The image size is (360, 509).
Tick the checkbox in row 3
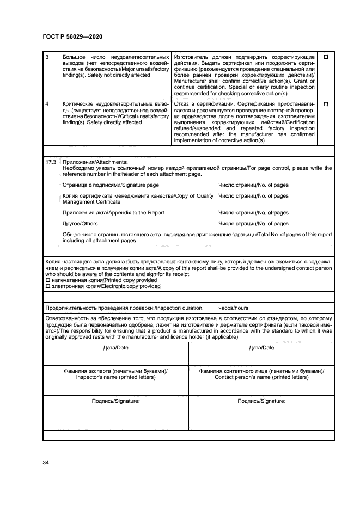326,57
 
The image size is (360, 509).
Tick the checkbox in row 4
326,103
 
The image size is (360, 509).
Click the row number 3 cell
47,57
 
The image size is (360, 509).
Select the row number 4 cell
47,103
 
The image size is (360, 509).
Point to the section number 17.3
51,162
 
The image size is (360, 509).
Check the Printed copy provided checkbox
47,280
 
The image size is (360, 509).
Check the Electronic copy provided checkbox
47,286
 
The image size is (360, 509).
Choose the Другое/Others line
80,224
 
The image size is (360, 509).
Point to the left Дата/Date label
115,348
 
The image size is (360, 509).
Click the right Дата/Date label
261,348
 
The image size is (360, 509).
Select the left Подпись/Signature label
115,401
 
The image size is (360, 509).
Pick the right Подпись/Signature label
261,401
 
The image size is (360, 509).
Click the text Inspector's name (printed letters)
115,377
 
